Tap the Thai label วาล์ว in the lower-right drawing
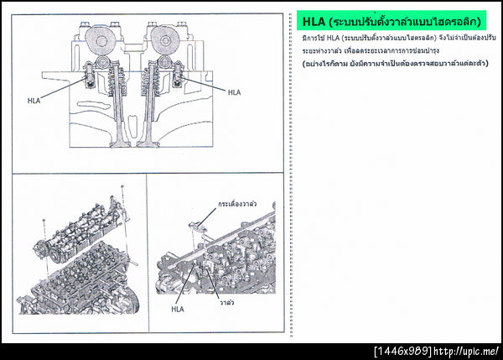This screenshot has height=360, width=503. (x=225, y=299)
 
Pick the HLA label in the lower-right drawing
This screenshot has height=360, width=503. (x=177, y=309)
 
